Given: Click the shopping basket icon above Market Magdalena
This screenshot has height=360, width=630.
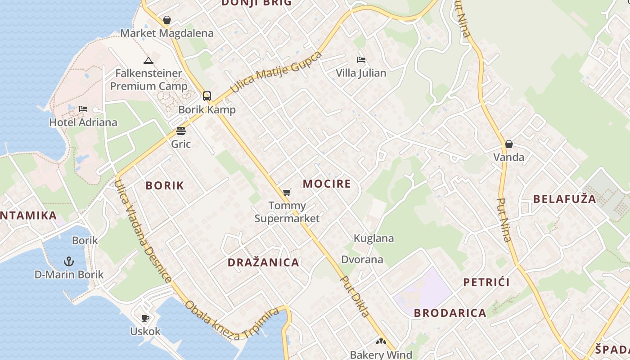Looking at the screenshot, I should tap(167, 20).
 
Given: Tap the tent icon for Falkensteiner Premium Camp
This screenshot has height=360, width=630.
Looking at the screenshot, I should tap(148, 60).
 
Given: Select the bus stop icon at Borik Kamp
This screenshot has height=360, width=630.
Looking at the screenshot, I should tap(207, 96).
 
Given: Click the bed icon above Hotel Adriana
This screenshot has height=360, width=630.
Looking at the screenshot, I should tap(83, 109).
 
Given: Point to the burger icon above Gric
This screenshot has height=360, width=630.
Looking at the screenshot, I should tap(181, 131).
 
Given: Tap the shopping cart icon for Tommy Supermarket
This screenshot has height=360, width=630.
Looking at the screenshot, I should tap(287, 193).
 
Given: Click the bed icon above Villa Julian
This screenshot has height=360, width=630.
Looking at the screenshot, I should tap(361, 60).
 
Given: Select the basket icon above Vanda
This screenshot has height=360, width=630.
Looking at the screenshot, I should tap(508, 144).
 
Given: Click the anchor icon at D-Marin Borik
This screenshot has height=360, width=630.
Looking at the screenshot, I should tap(69, 261).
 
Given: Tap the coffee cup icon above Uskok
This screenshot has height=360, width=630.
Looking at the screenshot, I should tap(145, 319).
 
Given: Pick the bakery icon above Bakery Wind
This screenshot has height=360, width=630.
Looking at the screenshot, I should tap(381, 342).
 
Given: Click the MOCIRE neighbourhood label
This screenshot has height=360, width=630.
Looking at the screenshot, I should tap(327, 184).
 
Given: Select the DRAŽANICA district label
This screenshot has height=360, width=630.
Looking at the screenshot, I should tap(263, 262).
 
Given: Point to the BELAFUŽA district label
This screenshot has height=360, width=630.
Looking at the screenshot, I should tap(564, 199).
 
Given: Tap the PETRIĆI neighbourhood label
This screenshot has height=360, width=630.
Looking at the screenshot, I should tap(486, 282).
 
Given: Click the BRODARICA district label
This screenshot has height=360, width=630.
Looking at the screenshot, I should tap(450, 313).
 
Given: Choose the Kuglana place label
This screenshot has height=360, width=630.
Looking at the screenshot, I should tap(373, 238).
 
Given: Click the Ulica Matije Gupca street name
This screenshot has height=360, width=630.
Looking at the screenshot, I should tap(276, 72).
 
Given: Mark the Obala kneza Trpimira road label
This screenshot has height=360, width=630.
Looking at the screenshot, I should tap(231, 320).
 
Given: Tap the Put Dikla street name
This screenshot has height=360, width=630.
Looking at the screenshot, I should tap(355, 297).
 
